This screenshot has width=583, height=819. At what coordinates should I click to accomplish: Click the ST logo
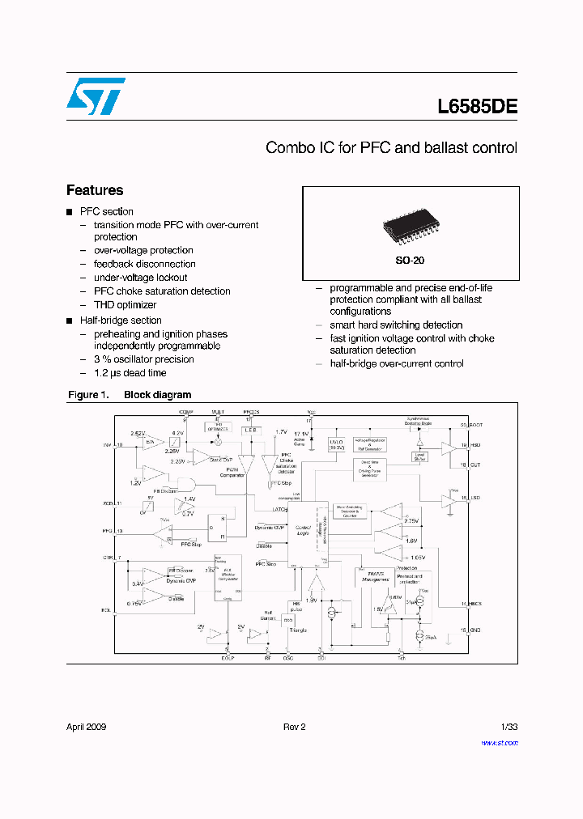tap(96, 96)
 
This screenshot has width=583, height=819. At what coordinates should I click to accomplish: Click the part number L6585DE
tap(477, 106)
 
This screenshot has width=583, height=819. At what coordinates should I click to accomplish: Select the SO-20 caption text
tap(410, 261)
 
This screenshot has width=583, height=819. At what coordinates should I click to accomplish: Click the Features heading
tap(95, 190)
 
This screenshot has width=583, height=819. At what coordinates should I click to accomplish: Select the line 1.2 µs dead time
tap(130, 373)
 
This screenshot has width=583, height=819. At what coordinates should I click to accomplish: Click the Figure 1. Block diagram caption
tap(129, 395)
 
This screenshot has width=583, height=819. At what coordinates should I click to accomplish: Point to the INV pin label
tap(107, 445)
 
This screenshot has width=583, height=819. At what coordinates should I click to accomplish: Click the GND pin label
tap(474, 629)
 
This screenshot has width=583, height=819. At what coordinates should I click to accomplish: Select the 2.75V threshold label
tap(410, 521)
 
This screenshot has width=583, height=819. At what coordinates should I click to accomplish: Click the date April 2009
tap(86, 727)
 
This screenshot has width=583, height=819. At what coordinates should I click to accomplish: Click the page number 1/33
tap(509, 727)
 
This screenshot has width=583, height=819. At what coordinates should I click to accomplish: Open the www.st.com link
tap(500, 742)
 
